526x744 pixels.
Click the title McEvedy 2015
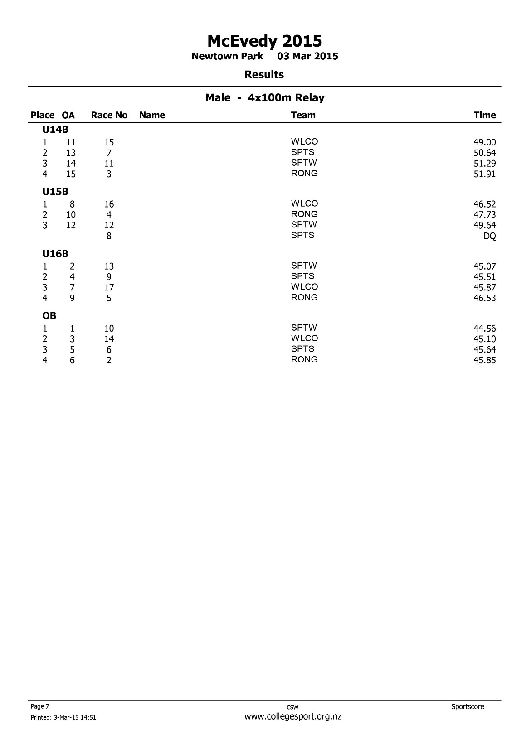point(264,41)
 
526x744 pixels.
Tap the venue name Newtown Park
point(227,56)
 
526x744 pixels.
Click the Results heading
point(264,75)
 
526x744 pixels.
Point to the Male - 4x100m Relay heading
point(265,98)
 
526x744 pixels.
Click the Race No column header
point(109,115)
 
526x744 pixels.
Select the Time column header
point(485,115)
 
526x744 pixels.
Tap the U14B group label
point(55,130)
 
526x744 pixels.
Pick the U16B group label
point(55,254)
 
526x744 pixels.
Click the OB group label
point(49,316)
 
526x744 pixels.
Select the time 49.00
point(484,142)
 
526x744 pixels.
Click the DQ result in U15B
point(490,236)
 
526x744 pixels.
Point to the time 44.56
point(484,329)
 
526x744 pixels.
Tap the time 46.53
point(484,298)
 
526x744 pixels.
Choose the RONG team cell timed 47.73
point(304,214)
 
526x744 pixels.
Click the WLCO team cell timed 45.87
point(304,287)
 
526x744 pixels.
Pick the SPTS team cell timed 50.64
point(302,152)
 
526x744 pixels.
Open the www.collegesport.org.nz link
point(292,717)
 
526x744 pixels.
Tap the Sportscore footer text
point(468,706)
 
